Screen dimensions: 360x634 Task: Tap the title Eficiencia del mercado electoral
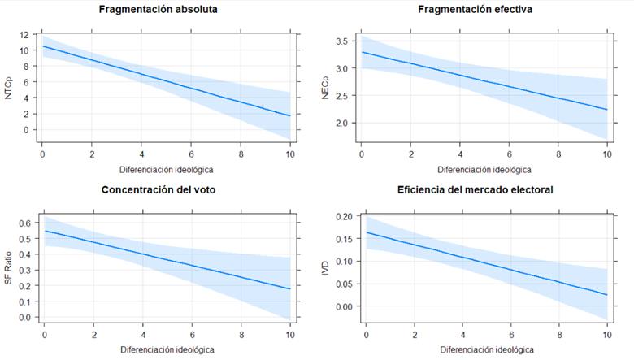475,190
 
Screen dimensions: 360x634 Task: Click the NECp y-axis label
325,88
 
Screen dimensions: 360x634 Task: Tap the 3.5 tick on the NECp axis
343,41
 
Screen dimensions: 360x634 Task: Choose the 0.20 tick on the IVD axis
341,216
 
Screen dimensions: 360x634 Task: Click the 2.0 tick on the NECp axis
343,124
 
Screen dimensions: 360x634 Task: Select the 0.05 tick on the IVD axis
341,284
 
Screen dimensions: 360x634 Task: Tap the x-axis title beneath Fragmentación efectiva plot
484,170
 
